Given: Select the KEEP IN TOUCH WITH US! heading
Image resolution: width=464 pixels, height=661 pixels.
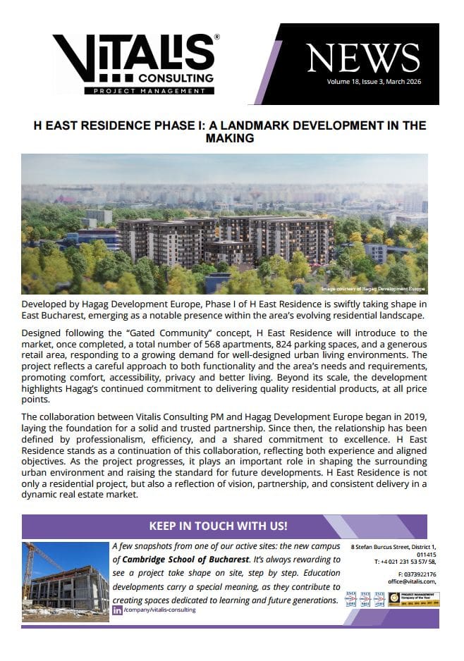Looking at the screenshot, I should click(218, 526).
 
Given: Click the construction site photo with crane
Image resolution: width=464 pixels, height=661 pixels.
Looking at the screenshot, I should click(66, 581).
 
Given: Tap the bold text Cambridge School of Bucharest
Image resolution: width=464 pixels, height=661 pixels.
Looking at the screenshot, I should click(185, 560).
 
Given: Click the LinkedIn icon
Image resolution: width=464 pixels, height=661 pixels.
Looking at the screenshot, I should click(117, 610).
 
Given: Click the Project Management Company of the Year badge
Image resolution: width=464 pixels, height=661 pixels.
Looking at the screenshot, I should click(414, 600).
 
